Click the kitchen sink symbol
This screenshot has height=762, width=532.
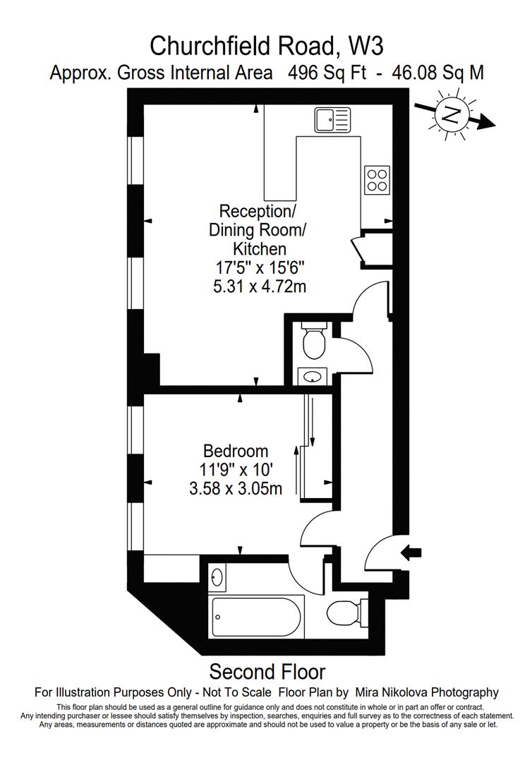point(332,119)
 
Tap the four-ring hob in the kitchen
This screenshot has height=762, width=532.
point(377,180)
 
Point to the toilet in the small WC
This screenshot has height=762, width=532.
point(315,339)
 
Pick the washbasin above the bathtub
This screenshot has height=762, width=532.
point(217,577)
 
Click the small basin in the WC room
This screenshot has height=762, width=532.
point(312,375)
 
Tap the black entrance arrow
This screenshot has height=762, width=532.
point(411,552)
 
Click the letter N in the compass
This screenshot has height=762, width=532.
point(452,115)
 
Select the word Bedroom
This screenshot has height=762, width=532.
point(236,452)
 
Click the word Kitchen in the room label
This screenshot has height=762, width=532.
point(260,249)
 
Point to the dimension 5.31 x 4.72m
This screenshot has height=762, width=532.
point(260,286)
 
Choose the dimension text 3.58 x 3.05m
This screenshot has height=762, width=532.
point(236,488)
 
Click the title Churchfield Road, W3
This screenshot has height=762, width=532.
point(266,47)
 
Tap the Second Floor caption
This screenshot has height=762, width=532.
point(267,672)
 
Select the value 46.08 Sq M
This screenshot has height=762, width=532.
point(437,73)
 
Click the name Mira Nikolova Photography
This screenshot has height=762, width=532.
point(427,692)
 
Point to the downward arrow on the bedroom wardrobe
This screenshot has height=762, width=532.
point(313,421)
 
